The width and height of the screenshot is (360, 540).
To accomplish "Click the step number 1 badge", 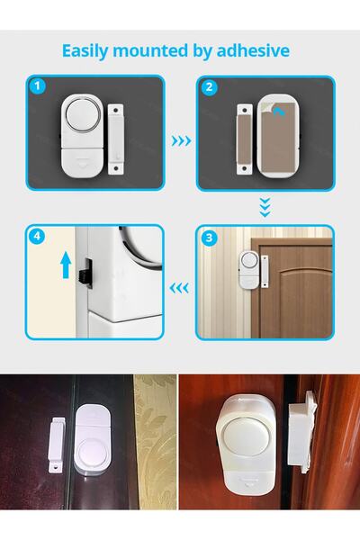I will coord(37,88).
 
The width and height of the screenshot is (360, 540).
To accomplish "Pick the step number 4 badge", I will coord(37,238).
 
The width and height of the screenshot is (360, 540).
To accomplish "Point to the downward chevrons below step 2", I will coord(264,206).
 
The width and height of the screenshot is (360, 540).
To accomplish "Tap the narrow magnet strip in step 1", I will coord(114,138).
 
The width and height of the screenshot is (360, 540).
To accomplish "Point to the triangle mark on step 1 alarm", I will coord(81,163).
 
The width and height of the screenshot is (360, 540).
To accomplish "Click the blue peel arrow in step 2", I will coord(285,111).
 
